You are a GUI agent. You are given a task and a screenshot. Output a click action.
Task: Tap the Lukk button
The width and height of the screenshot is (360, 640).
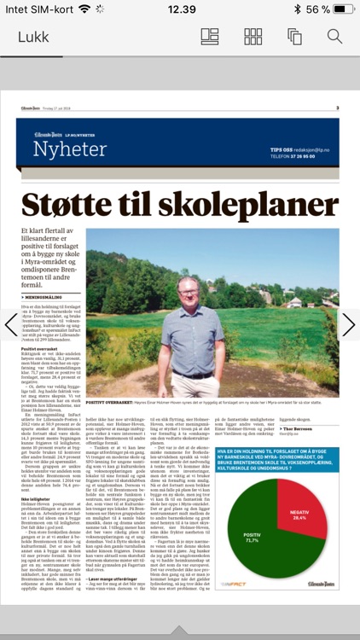pos(33,38)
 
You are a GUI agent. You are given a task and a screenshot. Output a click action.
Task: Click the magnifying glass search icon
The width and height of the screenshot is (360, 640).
pos(334,37)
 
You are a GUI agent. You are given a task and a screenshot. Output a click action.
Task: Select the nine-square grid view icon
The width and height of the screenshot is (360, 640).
pos(253,37)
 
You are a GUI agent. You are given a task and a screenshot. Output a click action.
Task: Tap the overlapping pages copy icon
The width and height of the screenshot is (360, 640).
pos(295,37)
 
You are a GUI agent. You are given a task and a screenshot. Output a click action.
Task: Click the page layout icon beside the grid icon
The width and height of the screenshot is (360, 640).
pos(210,37)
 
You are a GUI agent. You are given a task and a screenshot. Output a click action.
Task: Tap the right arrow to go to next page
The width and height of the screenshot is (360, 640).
pos(348,324)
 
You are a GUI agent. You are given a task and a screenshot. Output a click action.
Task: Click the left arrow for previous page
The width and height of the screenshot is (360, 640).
pos(11,324)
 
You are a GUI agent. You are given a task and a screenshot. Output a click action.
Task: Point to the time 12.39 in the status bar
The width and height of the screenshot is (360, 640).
pos(182,9)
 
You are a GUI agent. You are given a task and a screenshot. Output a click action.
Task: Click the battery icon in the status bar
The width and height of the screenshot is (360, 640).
pos(345,9)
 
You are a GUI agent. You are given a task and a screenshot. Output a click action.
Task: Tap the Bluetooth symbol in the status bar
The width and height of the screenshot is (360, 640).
pos(296,9)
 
